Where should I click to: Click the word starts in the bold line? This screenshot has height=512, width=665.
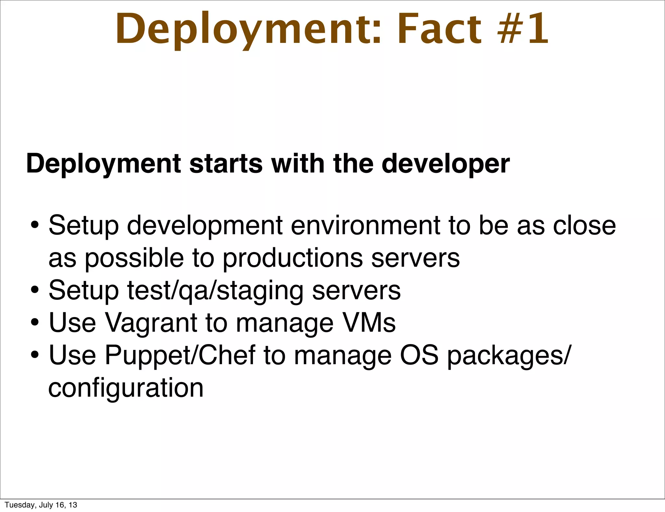(x=226, y=164)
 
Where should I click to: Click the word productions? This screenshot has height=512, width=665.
(x=293, y=258)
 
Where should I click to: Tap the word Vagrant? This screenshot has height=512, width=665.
(x=151, y=323)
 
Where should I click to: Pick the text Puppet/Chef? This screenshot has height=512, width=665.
(x=180, y=355)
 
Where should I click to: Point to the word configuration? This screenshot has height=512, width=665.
(x=126, y=388)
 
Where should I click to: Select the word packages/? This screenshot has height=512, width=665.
(x=508, y=356)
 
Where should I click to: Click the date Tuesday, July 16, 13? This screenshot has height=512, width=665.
(x=41, y=505)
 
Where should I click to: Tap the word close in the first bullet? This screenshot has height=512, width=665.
(x=584, y=225)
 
